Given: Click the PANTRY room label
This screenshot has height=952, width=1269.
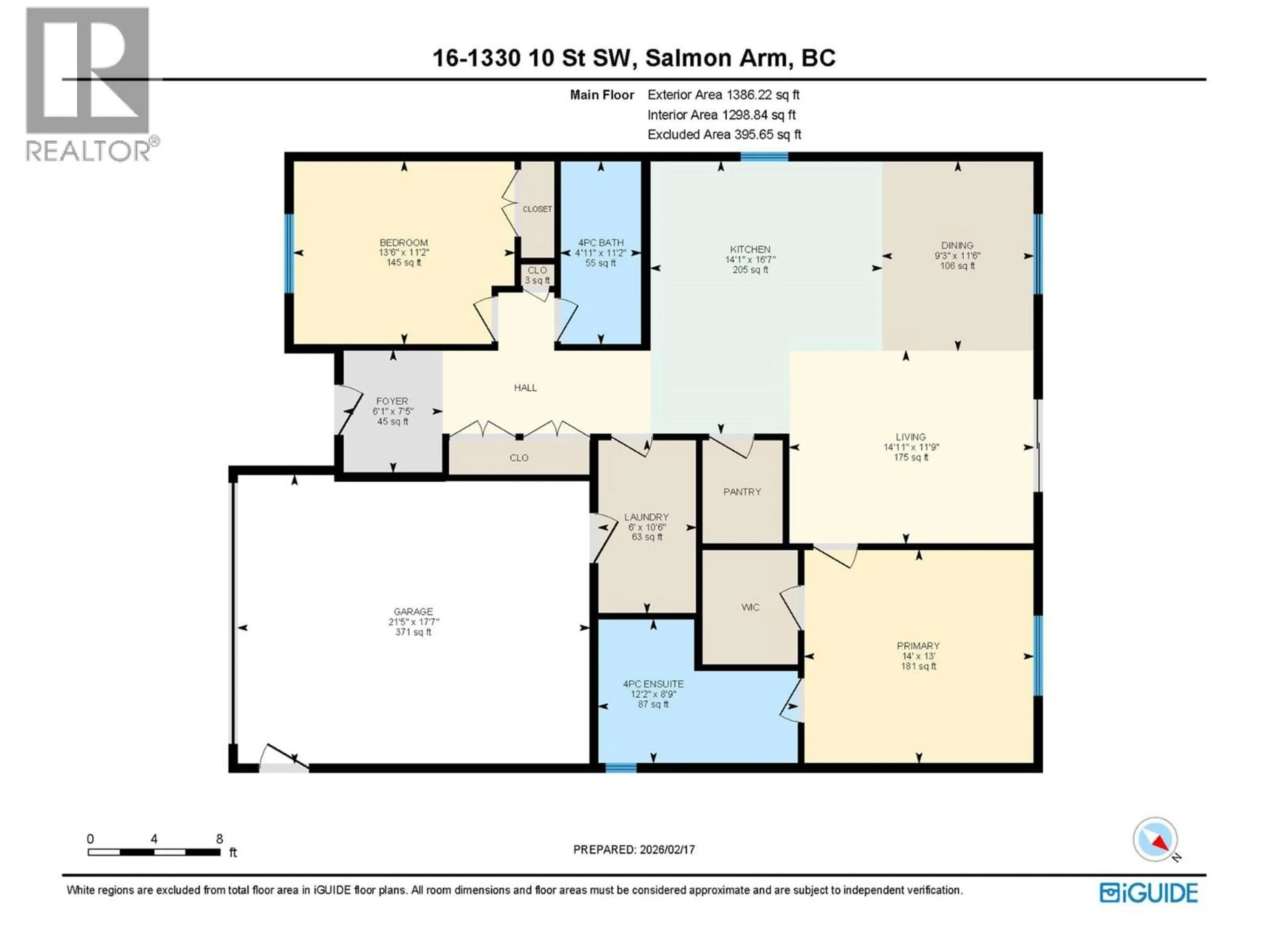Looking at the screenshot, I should coord(742,492).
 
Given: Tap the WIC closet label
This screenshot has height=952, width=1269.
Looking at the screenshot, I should coord(750,607).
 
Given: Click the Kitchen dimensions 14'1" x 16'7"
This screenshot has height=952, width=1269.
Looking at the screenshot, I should coord(750,259).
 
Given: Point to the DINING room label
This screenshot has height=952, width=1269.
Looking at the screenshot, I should coord(957,245).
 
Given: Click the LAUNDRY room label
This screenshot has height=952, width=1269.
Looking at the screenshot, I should coord(646,517).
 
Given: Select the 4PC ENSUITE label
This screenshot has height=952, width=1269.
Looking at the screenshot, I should coord(653,684).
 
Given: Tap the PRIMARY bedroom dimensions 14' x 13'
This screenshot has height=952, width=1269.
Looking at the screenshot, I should coord(918,656).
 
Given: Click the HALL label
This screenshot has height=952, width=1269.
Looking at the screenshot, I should coord(525,388).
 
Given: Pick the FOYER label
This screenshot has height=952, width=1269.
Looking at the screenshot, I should coord(392,401).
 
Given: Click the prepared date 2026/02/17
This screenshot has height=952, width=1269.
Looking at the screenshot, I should coord(666,849).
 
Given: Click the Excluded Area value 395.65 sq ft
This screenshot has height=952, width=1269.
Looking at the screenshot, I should coord(764,134).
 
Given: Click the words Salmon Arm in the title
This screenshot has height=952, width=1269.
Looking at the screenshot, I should coord(716,58).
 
